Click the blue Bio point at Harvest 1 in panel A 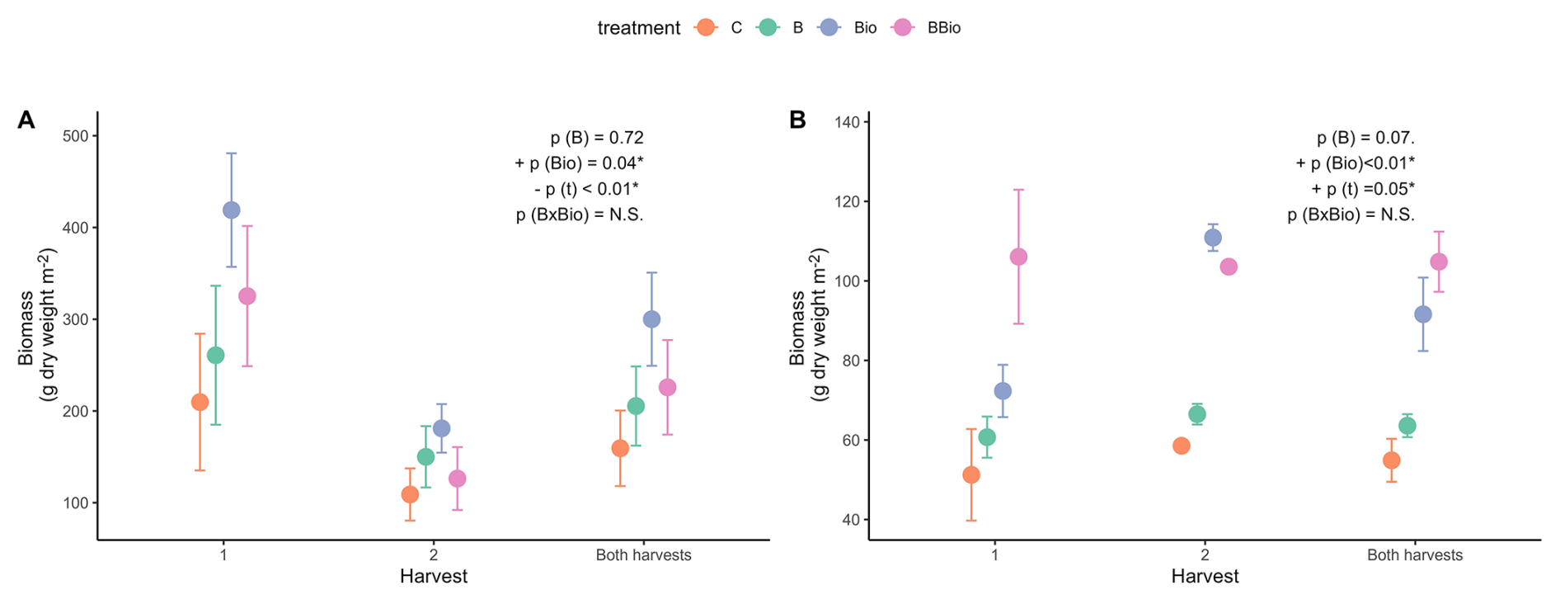tap(232, 210)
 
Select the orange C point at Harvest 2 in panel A tap(410, 494)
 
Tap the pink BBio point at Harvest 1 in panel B tap(1018, 257)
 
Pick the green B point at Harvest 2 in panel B tap(1197, 414)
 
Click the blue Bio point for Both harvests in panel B tap(1423, 314)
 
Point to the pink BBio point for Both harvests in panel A tap(667, 387)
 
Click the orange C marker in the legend tap(706, 27)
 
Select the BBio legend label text tap(944, 28)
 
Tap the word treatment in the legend tap(639, 28)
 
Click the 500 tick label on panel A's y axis tap(75, 136)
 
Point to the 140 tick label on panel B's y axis tap(847, 123)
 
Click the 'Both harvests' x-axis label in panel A tap(643, 555)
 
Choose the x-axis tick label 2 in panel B tap(1205, 555)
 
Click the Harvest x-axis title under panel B tap(1205, 577)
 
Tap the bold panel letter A tap(26, 120)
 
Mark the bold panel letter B tap(797, 120)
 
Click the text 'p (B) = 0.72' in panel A tap(597, 138)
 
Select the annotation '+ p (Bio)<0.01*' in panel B tap(1356, 163)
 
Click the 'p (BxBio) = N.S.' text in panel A tap(580, 215)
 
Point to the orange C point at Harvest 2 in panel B tap(1182, 446)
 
